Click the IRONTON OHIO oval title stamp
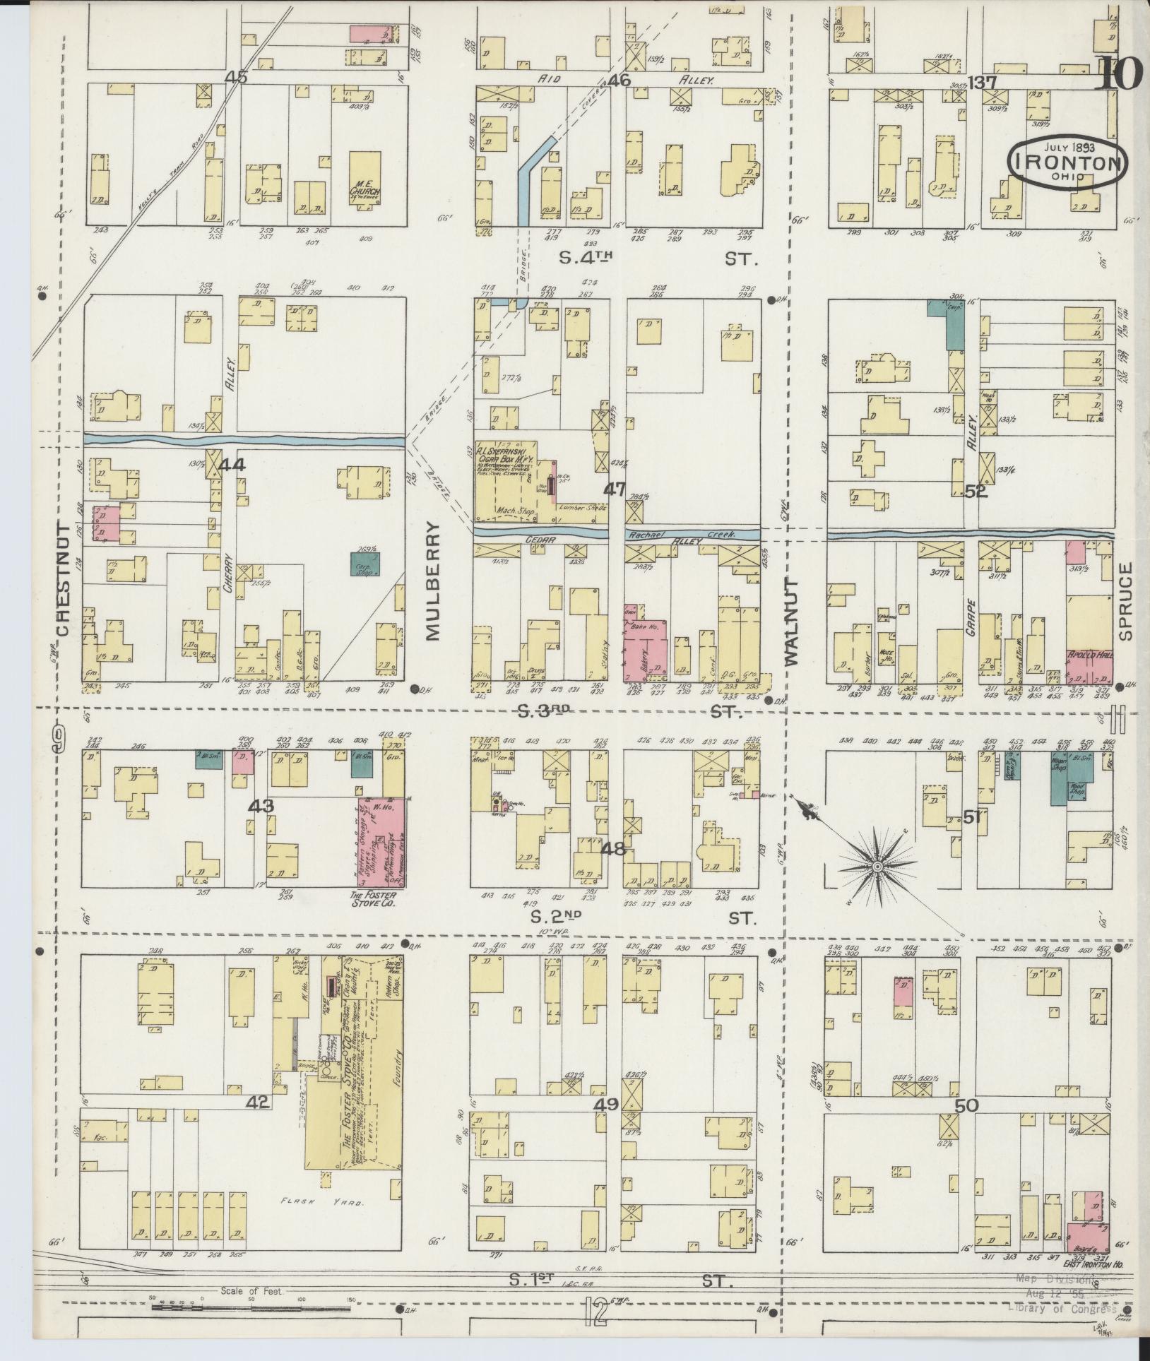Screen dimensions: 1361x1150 1067,163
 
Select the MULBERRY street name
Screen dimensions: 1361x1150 433,581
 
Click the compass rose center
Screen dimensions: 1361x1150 876,866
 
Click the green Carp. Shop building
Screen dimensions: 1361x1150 364,564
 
